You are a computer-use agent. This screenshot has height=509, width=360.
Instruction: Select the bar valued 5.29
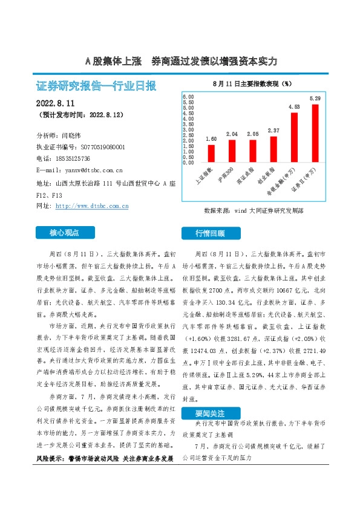point(315,134)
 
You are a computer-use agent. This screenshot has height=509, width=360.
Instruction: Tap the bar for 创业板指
point(273,149)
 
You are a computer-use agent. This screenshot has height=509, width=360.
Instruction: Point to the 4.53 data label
point(294,107)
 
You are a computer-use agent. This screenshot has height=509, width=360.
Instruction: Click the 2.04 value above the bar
point(232,134)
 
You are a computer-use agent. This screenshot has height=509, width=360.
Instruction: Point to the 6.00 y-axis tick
point(188,97)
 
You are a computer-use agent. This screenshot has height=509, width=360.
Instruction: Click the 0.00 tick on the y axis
point(188,163)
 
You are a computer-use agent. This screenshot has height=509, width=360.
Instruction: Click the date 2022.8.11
point(58,102)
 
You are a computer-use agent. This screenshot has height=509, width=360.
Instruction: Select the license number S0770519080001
point(99,147)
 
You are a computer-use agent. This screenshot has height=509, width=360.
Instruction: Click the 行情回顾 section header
point(210,232)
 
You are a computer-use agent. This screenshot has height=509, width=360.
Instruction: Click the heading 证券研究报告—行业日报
point(97,85)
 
